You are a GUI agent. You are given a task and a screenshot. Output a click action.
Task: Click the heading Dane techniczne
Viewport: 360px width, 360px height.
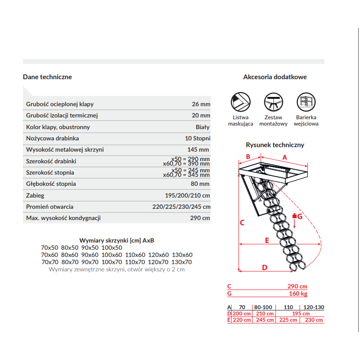(47, 77)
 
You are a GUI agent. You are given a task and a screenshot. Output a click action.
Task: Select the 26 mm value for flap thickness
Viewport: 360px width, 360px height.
(201, 104)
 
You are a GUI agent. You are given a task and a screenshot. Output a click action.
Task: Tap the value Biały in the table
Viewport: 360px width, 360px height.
(202, 127)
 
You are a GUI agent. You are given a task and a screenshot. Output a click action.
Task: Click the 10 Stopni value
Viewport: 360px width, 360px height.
(197, 138)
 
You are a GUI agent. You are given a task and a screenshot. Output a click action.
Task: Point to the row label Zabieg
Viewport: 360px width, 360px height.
(35, 196)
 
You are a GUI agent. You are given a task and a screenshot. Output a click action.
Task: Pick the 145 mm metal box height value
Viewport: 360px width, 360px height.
(198, 149)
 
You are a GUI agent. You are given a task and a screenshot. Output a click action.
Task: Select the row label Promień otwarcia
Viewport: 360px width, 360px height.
(49, 207)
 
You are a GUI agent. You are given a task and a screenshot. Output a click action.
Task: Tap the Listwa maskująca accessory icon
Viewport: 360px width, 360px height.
(240, 101)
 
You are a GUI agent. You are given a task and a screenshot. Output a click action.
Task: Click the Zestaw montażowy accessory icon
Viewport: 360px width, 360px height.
(274, 101)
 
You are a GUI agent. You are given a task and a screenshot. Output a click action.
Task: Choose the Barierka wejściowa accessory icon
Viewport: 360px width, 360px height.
(306, 101)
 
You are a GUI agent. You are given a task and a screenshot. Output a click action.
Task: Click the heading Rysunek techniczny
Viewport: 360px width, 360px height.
(275, 145)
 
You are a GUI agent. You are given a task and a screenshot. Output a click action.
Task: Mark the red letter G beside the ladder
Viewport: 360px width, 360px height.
(301, 216)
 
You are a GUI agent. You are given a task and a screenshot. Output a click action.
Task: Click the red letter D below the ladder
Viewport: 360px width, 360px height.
(265, 267)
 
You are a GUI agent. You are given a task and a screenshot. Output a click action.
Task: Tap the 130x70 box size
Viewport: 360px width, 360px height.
(182, 261)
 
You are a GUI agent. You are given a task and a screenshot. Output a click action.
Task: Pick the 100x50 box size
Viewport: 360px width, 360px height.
(112, 247)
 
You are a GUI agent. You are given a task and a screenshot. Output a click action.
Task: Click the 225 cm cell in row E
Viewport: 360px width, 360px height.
(288, 320)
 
